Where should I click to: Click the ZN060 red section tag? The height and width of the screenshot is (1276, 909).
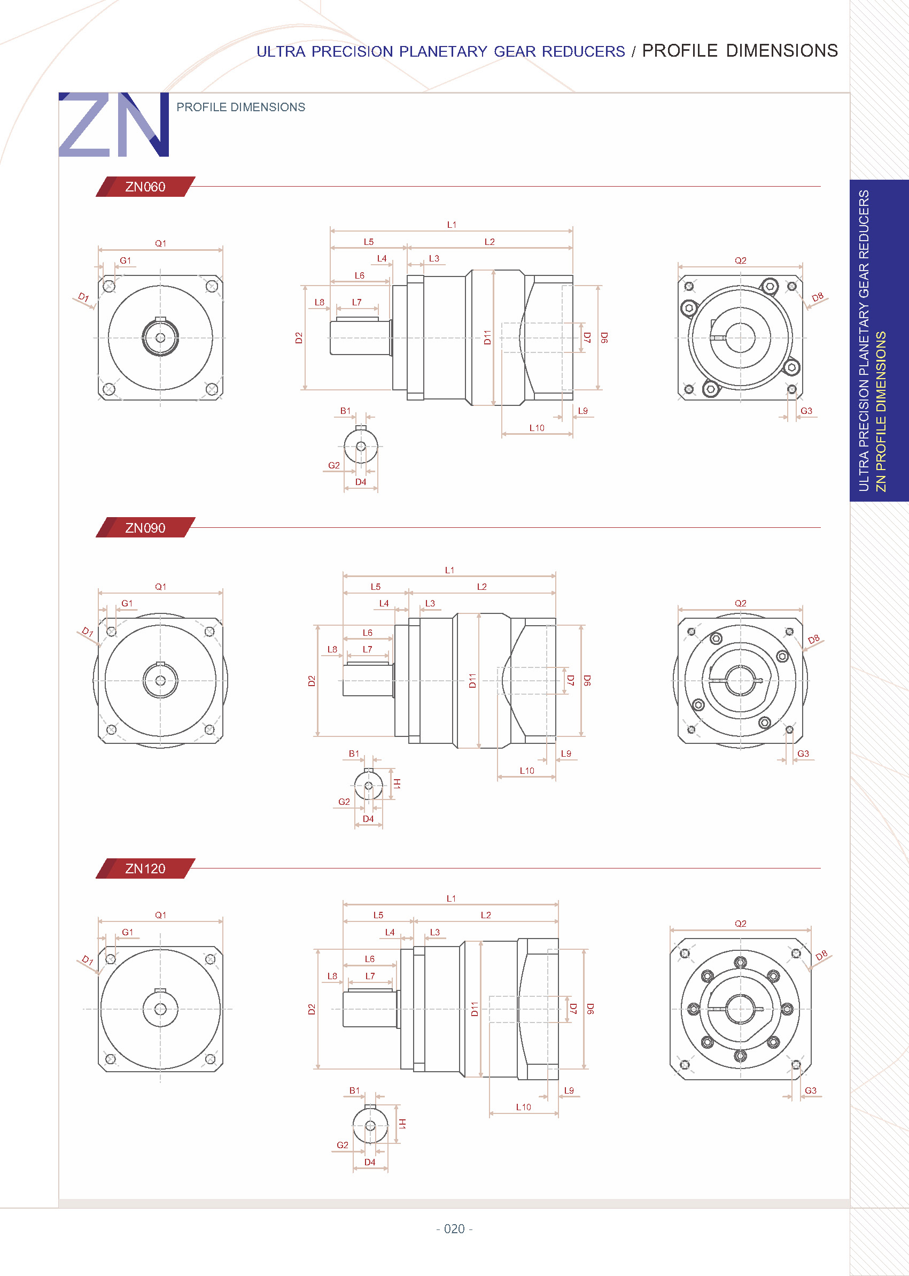(145, 187)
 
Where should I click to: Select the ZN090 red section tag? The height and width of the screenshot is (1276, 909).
(145, 528)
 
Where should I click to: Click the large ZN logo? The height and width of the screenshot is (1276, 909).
(114, 125)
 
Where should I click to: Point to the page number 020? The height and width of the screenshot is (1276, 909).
(454, 1228)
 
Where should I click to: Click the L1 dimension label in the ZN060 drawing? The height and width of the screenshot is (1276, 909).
(452, 225)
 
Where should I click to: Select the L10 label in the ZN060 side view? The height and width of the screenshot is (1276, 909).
(537, 428)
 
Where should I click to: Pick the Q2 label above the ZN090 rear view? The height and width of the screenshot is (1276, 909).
(741, 603)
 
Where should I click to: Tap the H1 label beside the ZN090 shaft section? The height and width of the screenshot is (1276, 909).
(397, 783)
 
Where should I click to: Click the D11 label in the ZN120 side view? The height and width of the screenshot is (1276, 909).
(475, 1009)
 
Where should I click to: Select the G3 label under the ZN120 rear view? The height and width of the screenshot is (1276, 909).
(811, 1090)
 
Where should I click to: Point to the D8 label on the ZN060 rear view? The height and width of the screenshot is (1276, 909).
(817, 297)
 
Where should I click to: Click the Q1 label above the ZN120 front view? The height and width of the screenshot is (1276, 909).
(161, 915)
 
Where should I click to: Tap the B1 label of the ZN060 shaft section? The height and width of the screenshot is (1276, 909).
(345, 411)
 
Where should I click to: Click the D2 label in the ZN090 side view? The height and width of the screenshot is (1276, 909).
(312, 681)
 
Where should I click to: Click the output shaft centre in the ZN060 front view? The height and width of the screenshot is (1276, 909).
(161, 338)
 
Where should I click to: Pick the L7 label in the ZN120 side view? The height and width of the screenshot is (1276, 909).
(370, 976)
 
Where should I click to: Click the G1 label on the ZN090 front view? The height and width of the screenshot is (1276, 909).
(127, 603)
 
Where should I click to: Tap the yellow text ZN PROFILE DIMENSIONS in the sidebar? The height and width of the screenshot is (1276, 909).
(881, 411)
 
